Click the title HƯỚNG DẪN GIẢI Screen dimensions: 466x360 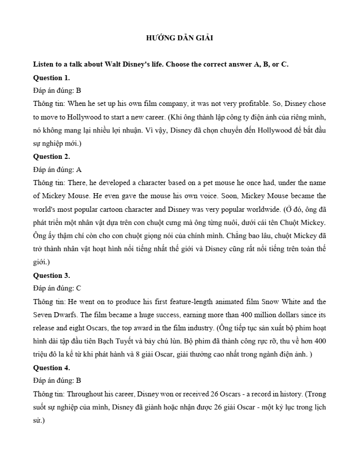click(x=179, y=38)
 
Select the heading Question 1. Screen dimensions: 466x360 click(x=51, y=78)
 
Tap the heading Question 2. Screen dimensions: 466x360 click(x=51, y=156)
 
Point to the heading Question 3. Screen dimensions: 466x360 click(x=51, y=275)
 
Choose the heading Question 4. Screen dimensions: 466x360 click(x=51, y=367)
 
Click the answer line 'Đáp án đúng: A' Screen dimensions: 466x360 click(x=57, y=169)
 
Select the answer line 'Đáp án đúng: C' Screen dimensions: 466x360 click(x=57, y=288)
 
